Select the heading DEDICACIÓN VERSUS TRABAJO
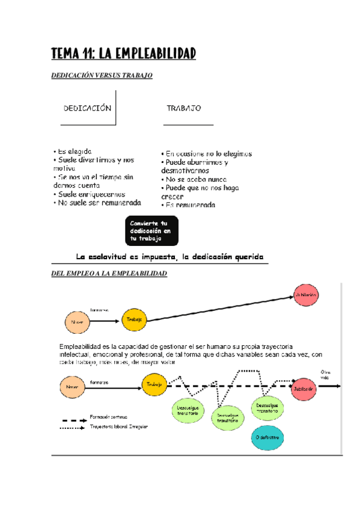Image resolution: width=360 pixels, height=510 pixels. tap(103, 76)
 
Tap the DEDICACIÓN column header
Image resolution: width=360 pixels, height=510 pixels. tap(88, 108)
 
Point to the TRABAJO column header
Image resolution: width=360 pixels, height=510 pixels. tap(183, 108)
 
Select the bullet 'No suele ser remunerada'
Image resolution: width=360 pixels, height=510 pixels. tap(99, 203)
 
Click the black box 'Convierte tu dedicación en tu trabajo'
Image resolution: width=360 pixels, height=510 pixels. tap(151, 231)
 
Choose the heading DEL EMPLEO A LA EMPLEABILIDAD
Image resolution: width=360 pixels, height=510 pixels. tap(110, 274)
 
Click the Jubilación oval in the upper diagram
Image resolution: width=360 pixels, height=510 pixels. tap(305, 295)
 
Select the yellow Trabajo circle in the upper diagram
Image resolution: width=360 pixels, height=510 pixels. tap(134, 320)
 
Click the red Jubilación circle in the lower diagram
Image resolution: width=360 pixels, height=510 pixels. tap(304, 388)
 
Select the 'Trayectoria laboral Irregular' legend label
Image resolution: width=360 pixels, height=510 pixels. tap(118, 426)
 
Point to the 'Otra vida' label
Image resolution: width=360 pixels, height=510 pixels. tap(326, 374)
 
